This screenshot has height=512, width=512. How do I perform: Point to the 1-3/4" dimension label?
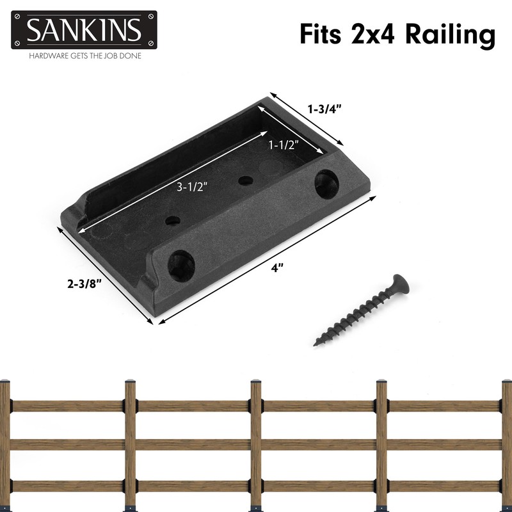point(324,109)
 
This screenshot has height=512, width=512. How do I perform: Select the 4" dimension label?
point(277,269)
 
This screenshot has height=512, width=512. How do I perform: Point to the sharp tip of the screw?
point(316,344)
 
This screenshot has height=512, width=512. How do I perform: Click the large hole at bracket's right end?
point(326,182)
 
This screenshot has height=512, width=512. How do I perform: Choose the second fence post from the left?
point(130,442)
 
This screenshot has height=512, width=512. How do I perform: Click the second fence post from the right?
point(381,442)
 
